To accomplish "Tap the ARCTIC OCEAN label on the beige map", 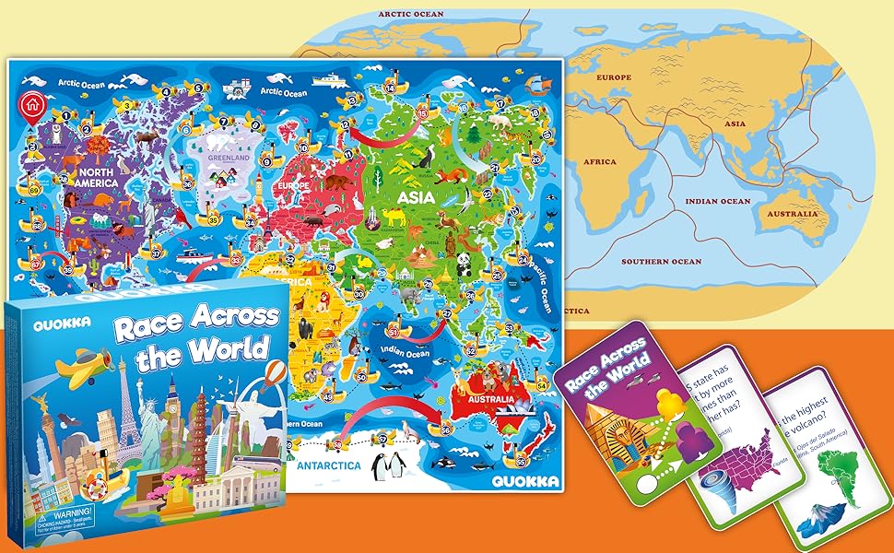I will click(411, 14).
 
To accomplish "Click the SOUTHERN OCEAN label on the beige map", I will click(661, 262).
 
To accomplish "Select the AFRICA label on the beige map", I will click(599, 161).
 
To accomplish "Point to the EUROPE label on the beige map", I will click(615, 77).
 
